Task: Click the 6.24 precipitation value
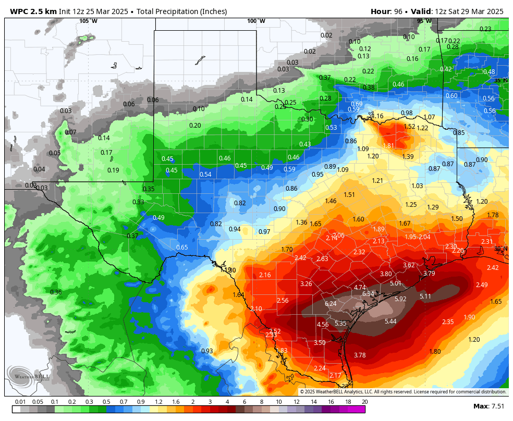[331, 304]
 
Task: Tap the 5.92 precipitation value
[400, 299]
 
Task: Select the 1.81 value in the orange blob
[388, 146]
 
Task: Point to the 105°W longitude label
[88, 21]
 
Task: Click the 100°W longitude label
[256, 21]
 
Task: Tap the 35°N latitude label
[500, 80]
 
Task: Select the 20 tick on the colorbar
[364, 402]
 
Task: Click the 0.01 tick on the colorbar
[20, 402]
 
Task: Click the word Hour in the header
[381, 11]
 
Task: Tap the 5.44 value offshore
[390, 321]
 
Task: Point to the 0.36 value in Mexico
[56, 292]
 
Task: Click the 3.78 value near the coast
[360, 355]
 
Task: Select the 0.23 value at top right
[485, 29]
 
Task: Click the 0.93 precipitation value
[207, 351]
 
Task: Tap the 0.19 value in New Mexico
[113, 170]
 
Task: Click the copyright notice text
[402, 392]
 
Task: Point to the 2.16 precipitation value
[265, 275]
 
